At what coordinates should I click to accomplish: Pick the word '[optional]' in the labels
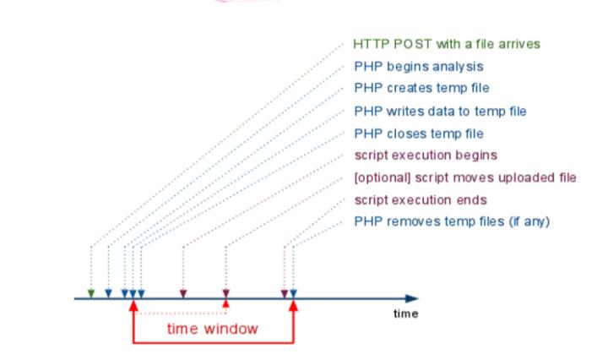(x=378, y=177)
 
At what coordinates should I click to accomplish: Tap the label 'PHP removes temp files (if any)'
(x=452, y=222)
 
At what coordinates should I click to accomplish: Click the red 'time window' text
(x=212, y=329)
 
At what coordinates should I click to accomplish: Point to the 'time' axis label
(x=405, y=314)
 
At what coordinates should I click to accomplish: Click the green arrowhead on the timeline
(x=91, y=293)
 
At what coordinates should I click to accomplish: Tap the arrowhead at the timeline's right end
(x=412, y=298)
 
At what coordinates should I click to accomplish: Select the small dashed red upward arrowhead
(x=225, y=303)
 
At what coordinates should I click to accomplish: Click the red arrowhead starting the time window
(x=133, y=304)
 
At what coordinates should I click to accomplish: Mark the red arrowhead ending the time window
(x=293, y=304)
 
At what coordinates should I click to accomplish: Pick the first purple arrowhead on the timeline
(x=183, y=293)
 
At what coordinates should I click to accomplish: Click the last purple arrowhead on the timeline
(x=285, y=293)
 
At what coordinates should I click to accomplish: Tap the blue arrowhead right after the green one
(x=108, y=293)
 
